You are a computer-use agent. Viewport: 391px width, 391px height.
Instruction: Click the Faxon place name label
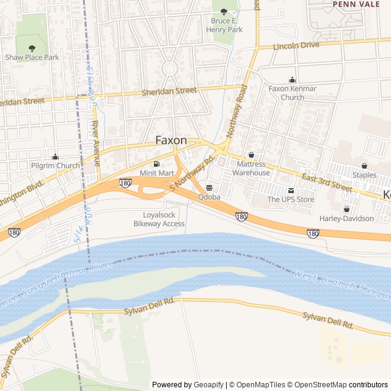[x=171, y=140]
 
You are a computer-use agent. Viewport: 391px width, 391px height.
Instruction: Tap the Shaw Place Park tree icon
[x=32, y=47]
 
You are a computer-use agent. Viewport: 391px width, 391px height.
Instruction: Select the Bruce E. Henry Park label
[x=223, y=25]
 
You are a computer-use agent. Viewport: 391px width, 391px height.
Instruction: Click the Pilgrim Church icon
[x=56, y=157]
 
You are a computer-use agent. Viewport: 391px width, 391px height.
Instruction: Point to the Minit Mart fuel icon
[x=158, y=164]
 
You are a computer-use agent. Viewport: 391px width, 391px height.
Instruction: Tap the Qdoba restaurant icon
[x=210, y=188]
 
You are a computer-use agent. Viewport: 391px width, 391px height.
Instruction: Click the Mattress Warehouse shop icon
[x=251, y=155]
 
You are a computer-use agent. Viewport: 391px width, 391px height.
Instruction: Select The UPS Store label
[x=291, y=199]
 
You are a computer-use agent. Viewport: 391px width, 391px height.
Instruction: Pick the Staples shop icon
[x=365, y=166]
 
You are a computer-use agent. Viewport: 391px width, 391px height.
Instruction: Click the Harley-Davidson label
[x=346, y=218]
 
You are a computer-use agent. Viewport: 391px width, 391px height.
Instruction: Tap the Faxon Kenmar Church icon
[x=293, y=79]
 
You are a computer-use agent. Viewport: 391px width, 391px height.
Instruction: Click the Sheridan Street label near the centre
[x=169, y=90]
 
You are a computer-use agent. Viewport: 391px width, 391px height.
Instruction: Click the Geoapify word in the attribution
[x=208, y=385]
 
